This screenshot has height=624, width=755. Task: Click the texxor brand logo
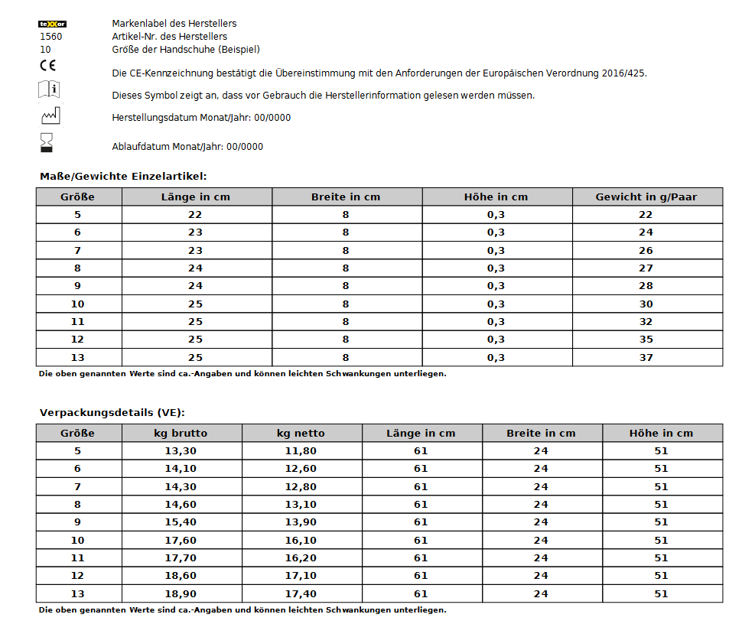pos(52,24)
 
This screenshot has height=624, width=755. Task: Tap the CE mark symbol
pos(47,66)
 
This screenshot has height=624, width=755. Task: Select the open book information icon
pos(49,89)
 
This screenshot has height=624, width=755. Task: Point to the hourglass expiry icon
pos(47,142)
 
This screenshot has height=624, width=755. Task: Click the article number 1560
pos(51,37)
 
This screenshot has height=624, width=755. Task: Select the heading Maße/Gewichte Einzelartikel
pos(123,177)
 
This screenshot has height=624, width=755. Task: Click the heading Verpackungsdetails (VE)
pos(112,413)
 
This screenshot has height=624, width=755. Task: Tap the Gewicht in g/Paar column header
pos(646,197)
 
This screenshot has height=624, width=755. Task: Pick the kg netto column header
pos(301,434)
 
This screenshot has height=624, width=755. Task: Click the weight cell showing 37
pos(646,357)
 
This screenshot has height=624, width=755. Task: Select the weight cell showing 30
pos(646,304)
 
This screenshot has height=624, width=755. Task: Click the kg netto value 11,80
pos(301,451)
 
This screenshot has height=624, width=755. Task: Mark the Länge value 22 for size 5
pos(195,215)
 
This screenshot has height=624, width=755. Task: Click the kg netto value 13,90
pos(301,522)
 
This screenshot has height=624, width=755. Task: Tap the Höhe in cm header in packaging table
pos(661,434)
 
